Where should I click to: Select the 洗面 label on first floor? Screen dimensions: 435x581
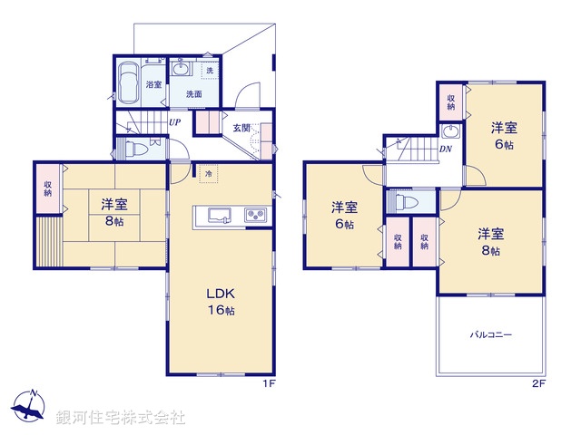(x=194, y=93)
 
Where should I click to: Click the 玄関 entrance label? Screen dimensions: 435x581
(x=241, y=127)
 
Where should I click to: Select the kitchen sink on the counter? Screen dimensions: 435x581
(x=219, y=216)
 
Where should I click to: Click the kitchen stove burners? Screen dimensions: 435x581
(x=255, y=216)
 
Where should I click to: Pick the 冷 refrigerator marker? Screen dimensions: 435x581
(x=209, y=173)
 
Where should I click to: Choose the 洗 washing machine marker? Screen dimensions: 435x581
(x=210, y=71)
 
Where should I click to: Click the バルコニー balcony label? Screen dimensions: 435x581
(x=491, y=334)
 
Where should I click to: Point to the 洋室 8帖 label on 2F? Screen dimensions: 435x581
(x=490, y=242)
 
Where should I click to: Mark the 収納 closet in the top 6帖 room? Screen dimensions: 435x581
(x=451, y=99)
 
